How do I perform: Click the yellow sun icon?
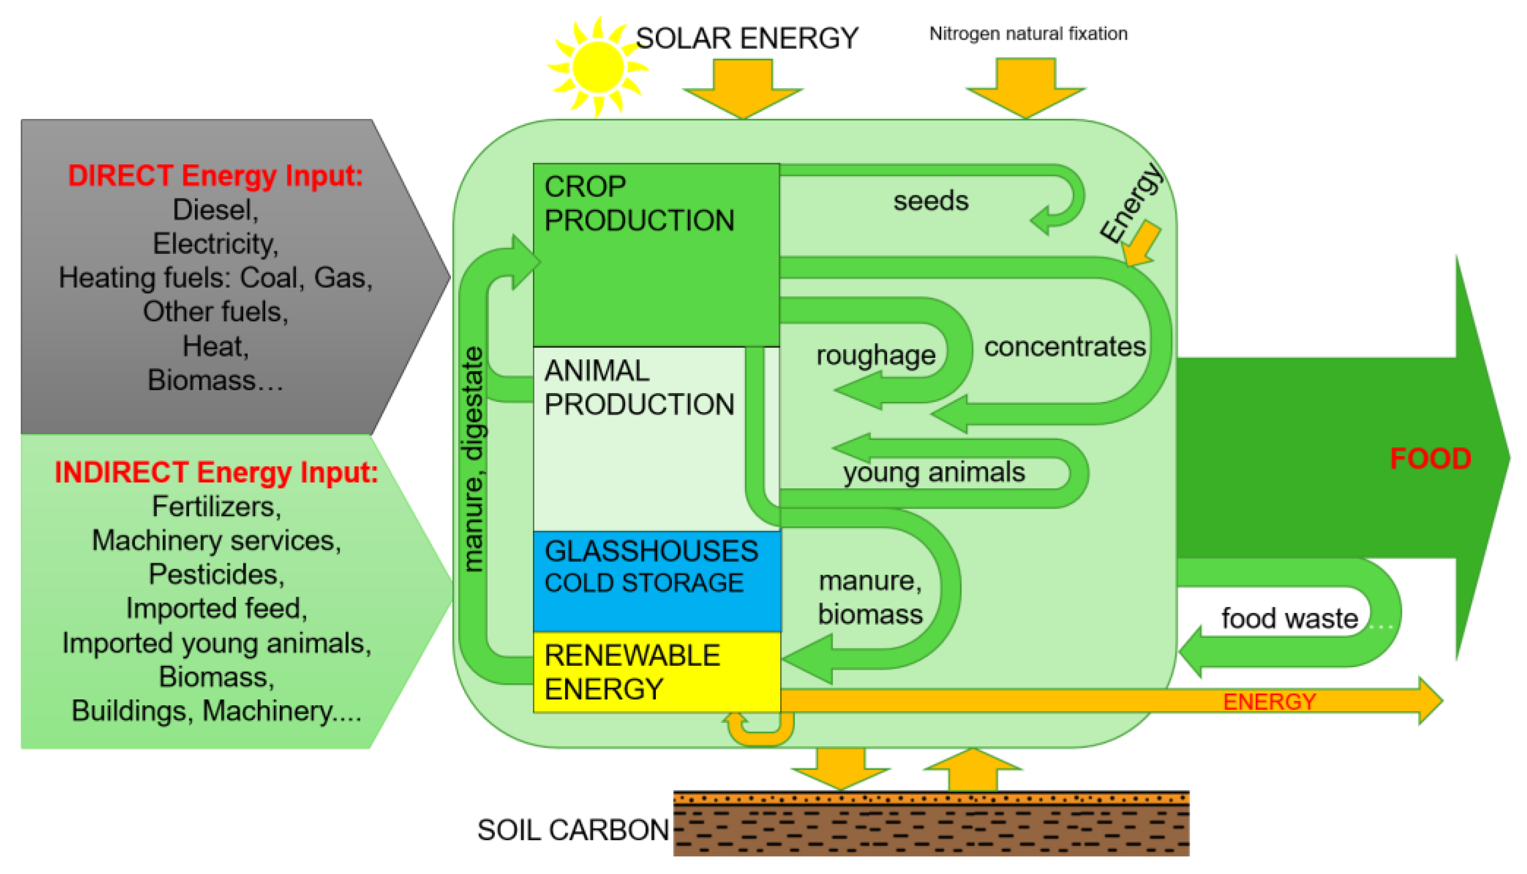tap(598, 66)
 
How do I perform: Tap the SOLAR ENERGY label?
tap(747, 38)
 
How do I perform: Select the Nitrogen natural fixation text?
tap(1028, 34)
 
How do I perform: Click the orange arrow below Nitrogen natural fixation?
tap(1025, 87)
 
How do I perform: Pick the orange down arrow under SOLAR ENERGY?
tap(743, 87)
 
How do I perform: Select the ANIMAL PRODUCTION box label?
tap(639, 388)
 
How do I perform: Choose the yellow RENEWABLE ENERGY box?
tap(657, 672)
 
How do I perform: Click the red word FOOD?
tap(1430, 459)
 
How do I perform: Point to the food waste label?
tap(1290, 619)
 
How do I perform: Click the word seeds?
tap(931, 201)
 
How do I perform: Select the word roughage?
tap(876, 356)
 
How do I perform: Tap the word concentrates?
tap(1065, 347)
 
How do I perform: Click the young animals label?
tap(934, 473)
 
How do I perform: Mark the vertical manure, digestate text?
tap(473, 459)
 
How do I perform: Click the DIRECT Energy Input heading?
tap(215, 176)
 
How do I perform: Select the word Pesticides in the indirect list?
tap(216, 575)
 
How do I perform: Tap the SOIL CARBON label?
tap(573, 830)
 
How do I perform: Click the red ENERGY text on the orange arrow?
tap(1270, 702)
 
